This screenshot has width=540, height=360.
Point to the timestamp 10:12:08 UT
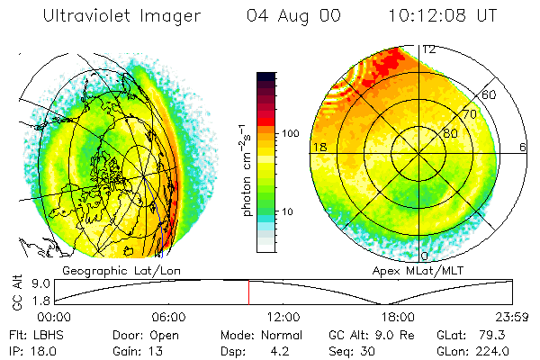(x=443, y=16)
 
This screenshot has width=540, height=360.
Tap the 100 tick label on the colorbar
(x=290, y=133)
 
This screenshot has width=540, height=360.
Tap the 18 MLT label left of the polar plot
(x=318, y=146)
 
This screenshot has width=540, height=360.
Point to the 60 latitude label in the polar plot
(x=490, y=94)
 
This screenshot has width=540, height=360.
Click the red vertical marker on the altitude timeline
(x=248, y=292)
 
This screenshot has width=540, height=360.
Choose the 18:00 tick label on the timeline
(x=398, y=317)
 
